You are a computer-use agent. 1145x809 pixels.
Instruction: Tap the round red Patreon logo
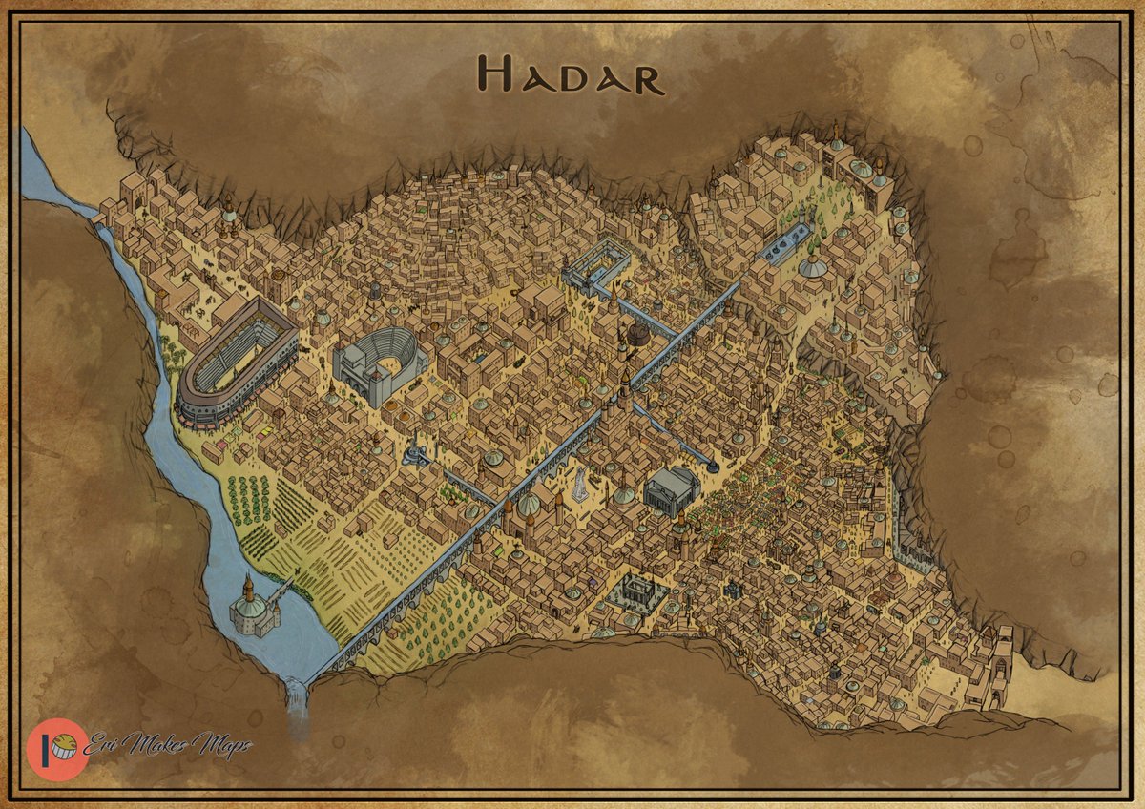(x=57, y=749)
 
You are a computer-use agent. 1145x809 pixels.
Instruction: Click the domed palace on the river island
(x=251, y=610)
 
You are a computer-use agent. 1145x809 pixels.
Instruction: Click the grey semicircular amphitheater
(x=378, y=363)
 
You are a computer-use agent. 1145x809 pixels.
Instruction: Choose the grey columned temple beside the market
(x=671, y=490)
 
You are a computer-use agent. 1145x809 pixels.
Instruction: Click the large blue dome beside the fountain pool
(x=813, y=266)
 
